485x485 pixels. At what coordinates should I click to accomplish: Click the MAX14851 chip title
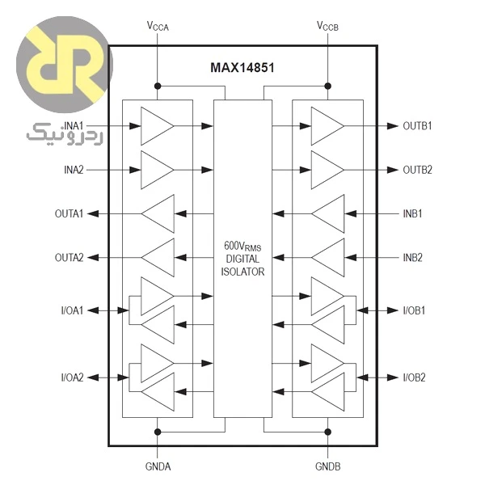[x=242, y=68]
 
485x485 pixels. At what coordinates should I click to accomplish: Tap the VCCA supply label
[x=158, y=26]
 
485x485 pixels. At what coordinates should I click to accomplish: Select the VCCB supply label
[x=327, y=26]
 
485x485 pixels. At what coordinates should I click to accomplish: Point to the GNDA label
[x=158, y=466]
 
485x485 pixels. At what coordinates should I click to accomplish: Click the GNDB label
[x=328, y=466]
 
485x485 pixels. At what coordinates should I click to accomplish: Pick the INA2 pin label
[x=74, y=170]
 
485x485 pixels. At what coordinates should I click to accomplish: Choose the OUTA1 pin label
[x=69, y=213]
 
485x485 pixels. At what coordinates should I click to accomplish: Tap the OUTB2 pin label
[x=417, y=170]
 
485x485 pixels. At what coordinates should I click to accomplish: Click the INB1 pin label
[x=412, y=213]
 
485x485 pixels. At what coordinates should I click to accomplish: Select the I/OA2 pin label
[x=73, y=377]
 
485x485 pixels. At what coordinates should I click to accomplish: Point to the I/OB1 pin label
[x=414, y=310]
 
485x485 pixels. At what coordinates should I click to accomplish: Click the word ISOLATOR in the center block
[x=242, y=272]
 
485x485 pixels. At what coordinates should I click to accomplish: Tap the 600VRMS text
[x=242, y=247]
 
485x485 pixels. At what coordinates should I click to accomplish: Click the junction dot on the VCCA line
[x=158, y=86]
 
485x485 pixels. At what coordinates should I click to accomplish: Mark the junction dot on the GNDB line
[x=328, y=432]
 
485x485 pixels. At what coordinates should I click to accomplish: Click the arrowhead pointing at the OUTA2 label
[x=93, y=257]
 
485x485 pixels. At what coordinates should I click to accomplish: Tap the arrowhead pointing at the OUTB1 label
[x=393, y=126]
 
